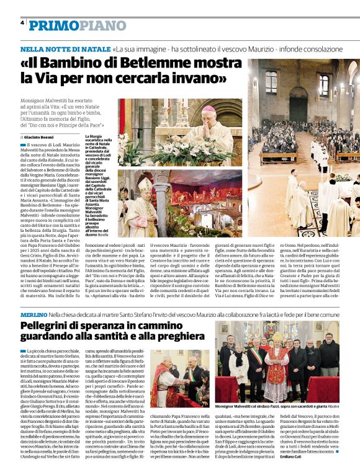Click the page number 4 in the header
click(22, 22)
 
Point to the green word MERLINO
click(33, 315)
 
